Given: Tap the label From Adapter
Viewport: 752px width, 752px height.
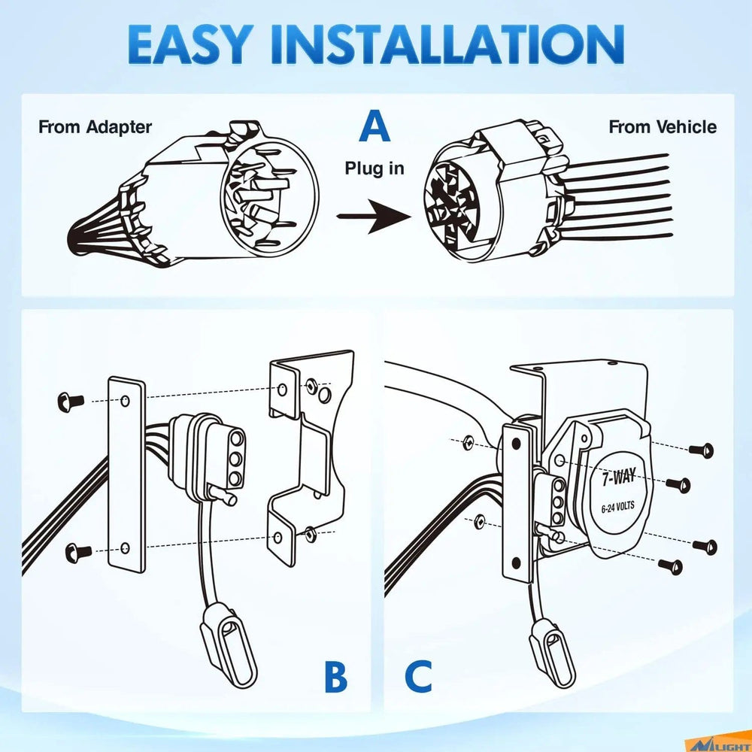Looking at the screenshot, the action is (95, 127).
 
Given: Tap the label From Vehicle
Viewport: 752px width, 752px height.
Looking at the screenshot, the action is (663, 127).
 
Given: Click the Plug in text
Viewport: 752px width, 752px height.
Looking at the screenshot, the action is (374, 168).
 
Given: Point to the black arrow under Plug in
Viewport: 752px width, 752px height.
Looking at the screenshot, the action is (374, 217).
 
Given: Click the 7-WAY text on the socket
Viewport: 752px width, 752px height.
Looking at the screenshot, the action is (619, 478).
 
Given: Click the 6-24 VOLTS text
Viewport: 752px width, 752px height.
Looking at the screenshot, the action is (617, 506).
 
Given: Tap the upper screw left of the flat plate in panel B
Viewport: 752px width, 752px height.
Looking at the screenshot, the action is (71, 402).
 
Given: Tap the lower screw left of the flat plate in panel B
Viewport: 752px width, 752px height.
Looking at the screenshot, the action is (78, 553).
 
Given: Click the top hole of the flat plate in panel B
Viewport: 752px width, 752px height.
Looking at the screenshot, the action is (125, 401).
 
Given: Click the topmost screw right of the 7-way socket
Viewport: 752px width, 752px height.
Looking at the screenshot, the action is (702, 450).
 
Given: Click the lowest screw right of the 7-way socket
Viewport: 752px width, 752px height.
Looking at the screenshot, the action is (671, 567).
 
